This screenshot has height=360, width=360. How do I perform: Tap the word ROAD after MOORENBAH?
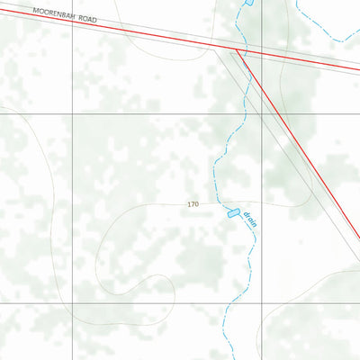pyautogui.click(x=86, y=18)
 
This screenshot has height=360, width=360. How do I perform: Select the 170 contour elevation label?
pyautogui.click(x=193, y=205)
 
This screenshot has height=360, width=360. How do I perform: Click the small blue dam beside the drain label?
pyautogui.click(x=233, y=213)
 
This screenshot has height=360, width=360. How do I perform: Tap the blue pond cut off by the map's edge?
pyautogui.click(x=248, y=3)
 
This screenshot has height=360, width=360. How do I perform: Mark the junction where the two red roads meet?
pyautogui.click(x=236, y=51)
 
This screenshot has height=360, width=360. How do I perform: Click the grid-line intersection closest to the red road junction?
pyautogui.click(x=262, y=115)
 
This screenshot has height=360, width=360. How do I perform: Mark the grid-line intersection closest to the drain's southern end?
pyautogui.click(x=262, y=303)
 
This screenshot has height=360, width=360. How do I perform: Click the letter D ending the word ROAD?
pyautogui.click(x=94, y=19)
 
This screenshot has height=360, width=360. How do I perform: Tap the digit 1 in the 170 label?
pyautogui.click(x=189, y=205)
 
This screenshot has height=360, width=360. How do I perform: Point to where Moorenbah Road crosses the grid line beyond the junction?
pyautogui.click(x=262, y=55)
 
